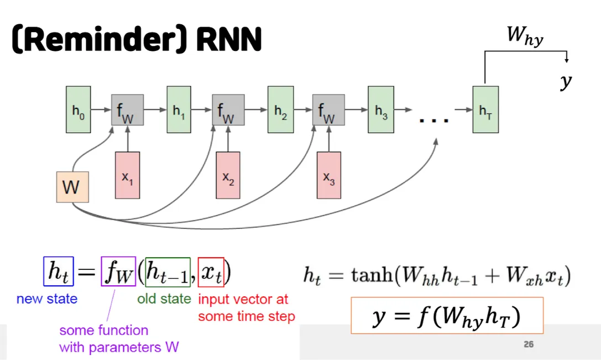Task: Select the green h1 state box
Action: (x=179, y=109)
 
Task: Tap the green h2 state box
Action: (x=280, y=109)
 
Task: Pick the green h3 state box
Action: (x=381, y=109)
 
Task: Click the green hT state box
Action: (x=485, y=109)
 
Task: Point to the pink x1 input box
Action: (x=128, y=175)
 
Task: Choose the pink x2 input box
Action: (x=228, y=175)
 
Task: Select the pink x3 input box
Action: (x=329, y=175)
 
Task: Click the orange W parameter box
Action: (x=72, y=186)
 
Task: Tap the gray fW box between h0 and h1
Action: (x=128, y=110)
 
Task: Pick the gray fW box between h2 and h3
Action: (x=329, y=110)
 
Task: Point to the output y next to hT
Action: (x=565, y=81)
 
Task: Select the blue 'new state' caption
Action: (x=47, y=299)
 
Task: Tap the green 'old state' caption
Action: (x=164, y=299)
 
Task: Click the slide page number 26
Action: (x=529, y=345)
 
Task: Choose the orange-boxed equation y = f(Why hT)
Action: (x=447, y=316)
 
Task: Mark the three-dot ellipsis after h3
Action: (x=434, y=119)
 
